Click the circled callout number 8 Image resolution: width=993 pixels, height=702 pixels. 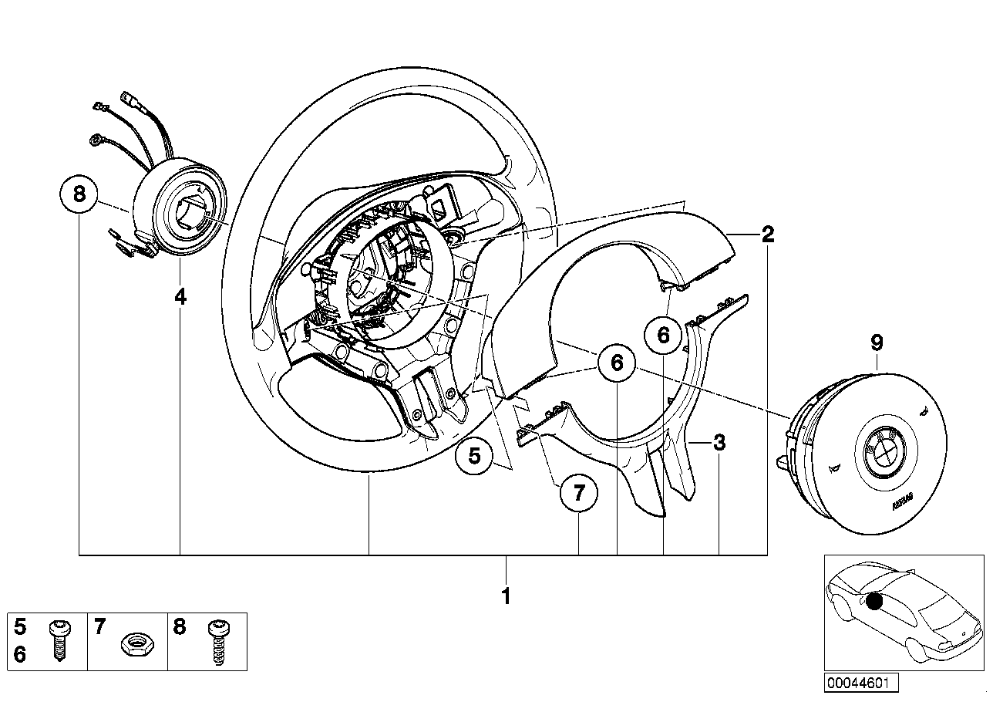(x=79, y=194)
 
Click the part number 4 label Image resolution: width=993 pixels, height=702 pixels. (x=180, y=296)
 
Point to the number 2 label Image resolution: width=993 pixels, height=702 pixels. (x=767, y=235)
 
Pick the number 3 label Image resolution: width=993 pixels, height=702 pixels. (x=719, y=443)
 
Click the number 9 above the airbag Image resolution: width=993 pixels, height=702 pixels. (x=877, y=343)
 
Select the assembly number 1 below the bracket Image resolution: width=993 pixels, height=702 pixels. (x=506, y=596)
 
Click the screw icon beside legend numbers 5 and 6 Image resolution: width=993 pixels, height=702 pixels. (x=59, y=640)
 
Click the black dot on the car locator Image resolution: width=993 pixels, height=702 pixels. (x=873, y=602)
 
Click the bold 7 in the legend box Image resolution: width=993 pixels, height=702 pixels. (x=99, y=626)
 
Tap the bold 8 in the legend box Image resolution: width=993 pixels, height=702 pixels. (x=179, y=626)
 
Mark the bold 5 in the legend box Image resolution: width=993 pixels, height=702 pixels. (x=20, y=626)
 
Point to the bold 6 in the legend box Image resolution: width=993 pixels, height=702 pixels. (x=20, y=655)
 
